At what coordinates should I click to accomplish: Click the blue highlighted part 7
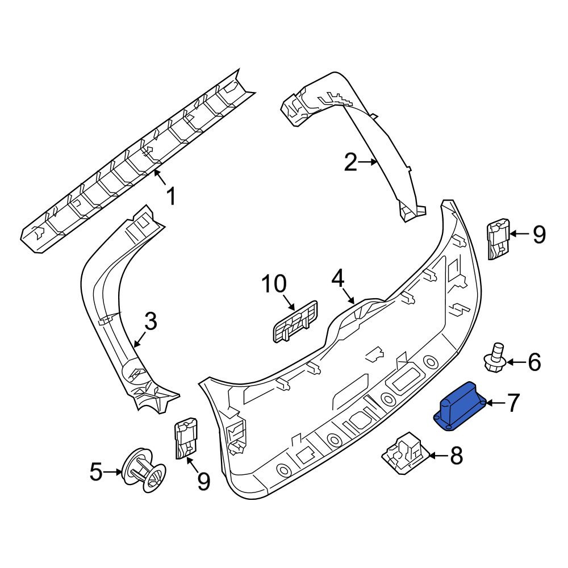pos(460,406)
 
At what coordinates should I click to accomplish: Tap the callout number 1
pos(170,196)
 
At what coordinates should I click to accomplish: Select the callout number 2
pos(350,162)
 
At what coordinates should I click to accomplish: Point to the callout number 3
pos(151,321)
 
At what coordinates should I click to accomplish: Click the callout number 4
pos(337,278)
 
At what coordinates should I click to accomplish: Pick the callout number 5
pos(96,471)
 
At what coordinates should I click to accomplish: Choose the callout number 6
pos(534,362)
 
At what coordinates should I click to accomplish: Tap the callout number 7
pos(512,403)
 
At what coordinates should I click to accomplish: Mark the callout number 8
pos(456,456)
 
